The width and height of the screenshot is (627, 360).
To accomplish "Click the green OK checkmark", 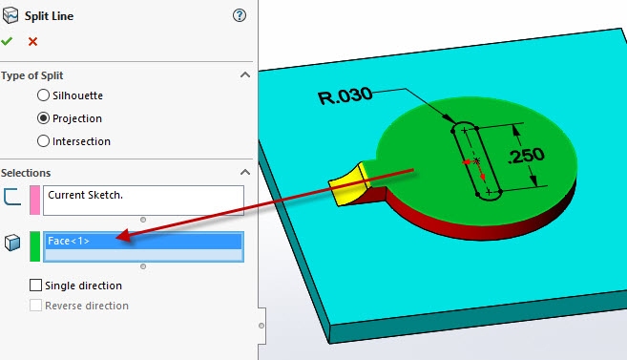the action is [8, 41].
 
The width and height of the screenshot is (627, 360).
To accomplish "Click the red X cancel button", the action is [33, 41].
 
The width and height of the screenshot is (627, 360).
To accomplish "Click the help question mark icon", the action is [239, 15].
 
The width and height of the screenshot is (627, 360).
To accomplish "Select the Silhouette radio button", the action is [43, 95].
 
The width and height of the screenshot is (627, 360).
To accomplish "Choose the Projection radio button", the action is [43, 118].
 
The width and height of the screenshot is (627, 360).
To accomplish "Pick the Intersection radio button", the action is [43, 141].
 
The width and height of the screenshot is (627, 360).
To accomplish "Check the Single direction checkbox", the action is [36, 285].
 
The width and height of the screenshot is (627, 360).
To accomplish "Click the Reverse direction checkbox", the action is [36, 306].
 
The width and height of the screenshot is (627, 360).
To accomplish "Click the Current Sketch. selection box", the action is [143, 200].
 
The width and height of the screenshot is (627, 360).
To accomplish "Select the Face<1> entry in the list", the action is [143, 242].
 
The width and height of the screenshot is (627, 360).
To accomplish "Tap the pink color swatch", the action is [34, 200].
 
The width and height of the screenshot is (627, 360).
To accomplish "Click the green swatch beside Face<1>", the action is [34, 245].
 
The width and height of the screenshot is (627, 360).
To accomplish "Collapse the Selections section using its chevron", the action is [245, 172].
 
